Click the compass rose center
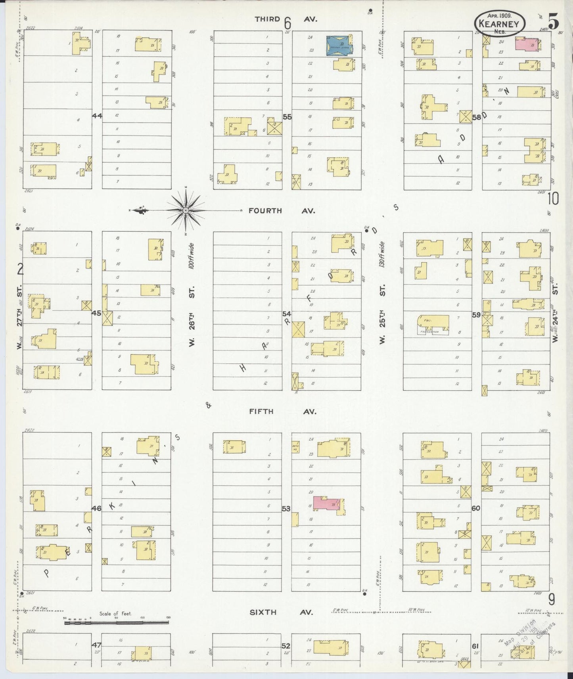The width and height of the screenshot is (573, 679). point(185,210)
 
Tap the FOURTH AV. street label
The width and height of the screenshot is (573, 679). point(282,211)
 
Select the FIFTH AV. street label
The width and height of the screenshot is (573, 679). point(282,412)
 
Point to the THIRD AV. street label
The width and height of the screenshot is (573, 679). point(287,19)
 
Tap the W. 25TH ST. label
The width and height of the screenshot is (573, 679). point(382,316)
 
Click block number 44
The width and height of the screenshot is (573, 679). point(97,116)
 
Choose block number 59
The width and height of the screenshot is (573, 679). point(476,315)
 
